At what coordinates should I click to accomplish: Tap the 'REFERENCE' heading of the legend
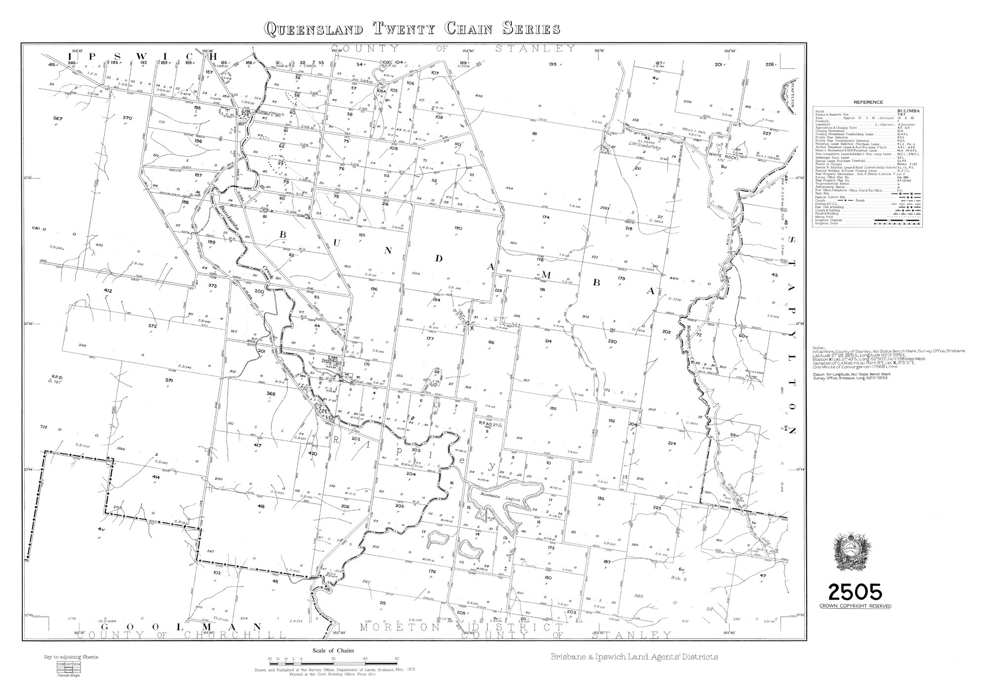tap(854, 102)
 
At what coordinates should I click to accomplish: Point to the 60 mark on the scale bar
tap(397, 659)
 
